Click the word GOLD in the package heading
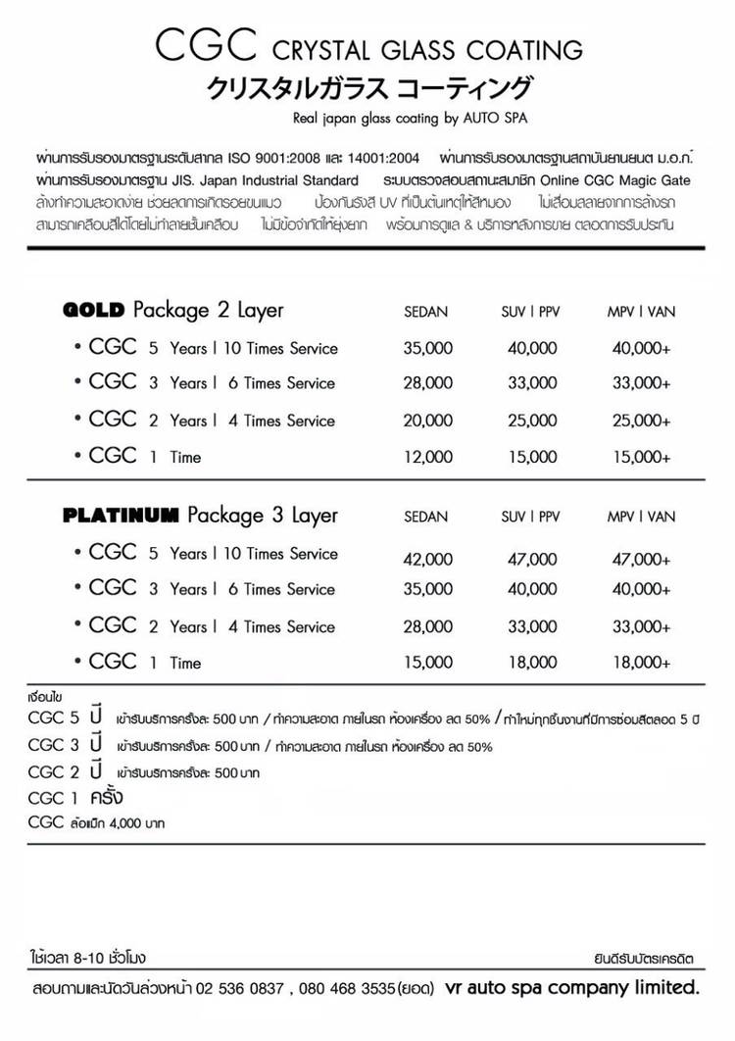(93, 311)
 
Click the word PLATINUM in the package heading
(121, 516)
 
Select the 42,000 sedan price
(427, 560)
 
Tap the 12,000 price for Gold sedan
(427, 457)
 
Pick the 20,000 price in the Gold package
(427, 421)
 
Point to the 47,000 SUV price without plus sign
(531, 560)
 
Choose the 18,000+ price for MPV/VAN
(640, 664)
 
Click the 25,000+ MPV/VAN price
(640, 421)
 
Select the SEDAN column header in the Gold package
(425, 313)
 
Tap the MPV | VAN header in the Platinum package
(641, 517)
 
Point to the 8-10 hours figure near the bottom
(83, 955)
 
